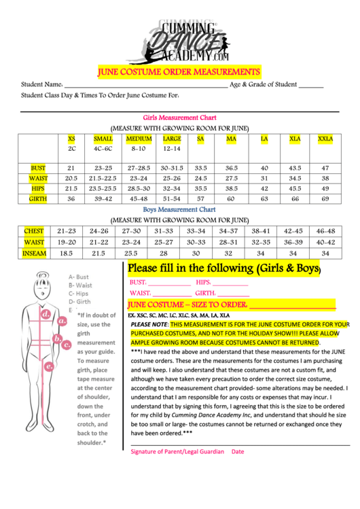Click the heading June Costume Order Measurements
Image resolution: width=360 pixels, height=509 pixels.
point(179,71)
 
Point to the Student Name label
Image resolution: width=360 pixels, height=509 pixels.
point(42,84)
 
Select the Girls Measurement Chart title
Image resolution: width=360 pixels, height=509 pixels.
point(180,118)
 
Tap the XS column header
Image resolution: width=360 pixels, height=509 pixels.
point(72,139)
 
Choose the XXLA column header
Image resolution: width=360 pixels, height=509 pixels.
point(325,139)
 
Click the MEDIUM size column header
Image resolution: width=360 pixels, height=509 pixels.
point(139,139)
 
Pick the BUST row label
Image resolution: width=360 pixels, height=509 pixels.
point(39,167)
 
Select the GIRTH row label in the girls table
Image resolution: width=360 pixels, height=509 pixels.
point(39,198)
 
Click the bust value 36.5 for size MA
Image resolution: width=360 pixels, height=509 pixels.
point(231,167)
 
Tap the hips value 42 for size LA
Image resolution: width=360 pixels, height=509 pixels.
point(264,188)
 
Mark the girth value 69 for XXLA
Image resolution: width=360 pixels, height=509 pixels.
point(325,198)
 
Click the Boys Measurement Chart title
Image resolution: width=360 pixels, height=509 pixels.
point(180,210)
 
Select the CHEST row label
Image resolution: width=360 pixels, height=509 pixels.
point(34,231)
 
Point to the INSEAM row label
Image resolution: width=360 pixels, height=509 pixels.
point(34,252)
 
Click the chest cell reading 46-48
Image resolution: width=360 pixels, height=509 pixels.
point(325,231)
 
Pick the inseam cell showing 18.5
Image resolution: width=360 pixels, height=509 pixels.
point(67,252)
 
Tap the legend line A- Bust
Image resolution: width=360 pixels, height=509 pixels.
point(79,277)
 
